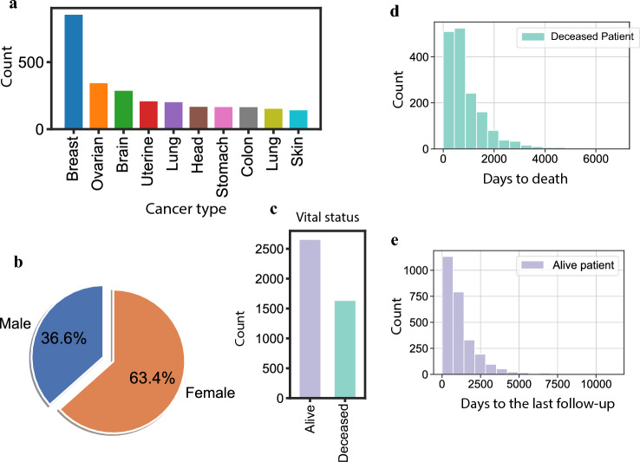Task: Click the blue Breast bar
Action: [74, 73]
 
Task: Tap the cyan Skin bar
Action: [299, 120]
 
